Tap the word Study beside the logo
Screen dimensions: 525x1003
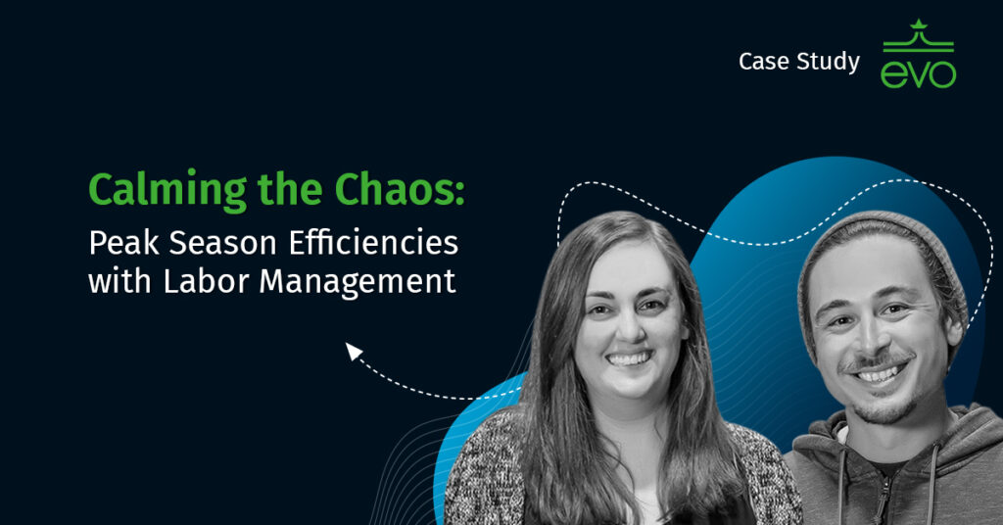click(x=829, y=63)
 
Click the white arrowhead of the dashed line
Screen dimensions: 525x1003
click(x=354, y=351)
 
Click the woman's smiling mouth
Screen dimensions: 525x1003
click(x=628, y=359)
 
